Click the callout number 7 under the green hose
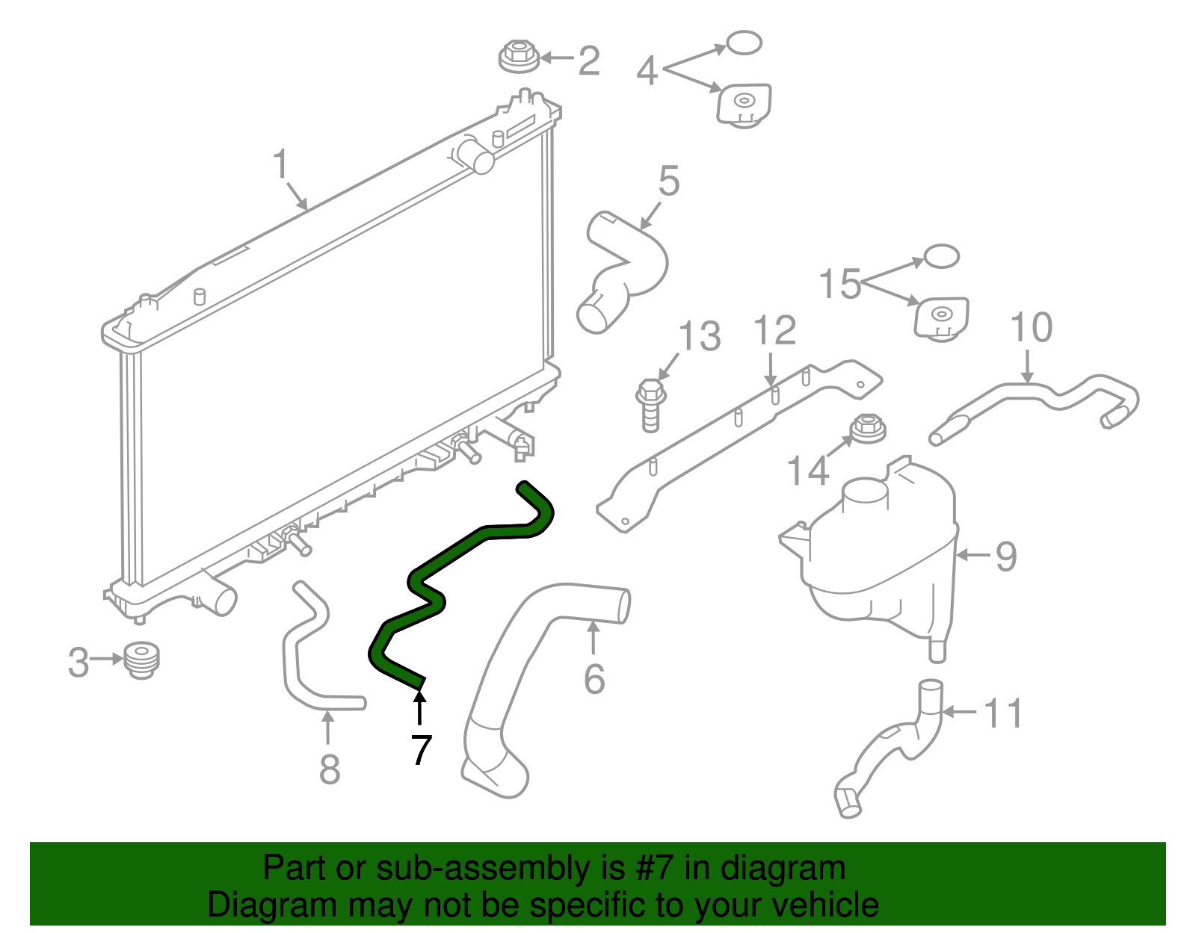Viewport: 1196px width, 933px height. point(421,748)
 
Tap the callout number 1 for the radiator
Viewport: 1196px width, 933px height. point(281,163)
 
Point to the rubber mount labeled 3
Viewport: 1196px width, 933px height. point(141,660)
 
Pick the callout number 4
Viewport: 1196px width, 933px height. point(647,70)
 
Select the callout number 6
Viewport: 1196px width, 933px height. point(594,679)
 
